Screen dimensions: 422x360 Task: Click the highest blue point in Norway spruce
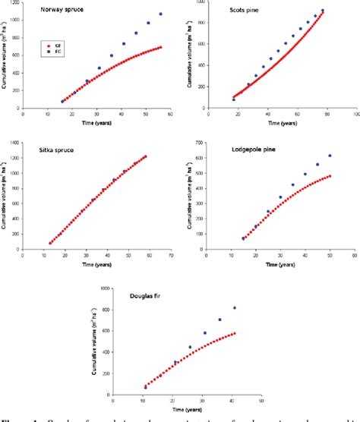tap(160, 14)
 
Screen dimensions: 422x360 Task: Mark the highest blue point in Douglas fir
tap(235, 307)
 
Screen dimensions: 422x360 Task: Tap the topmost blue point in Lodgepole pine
tap(330, 156)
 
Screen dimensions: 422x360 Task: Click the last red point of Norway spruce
tap(160, 47)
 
